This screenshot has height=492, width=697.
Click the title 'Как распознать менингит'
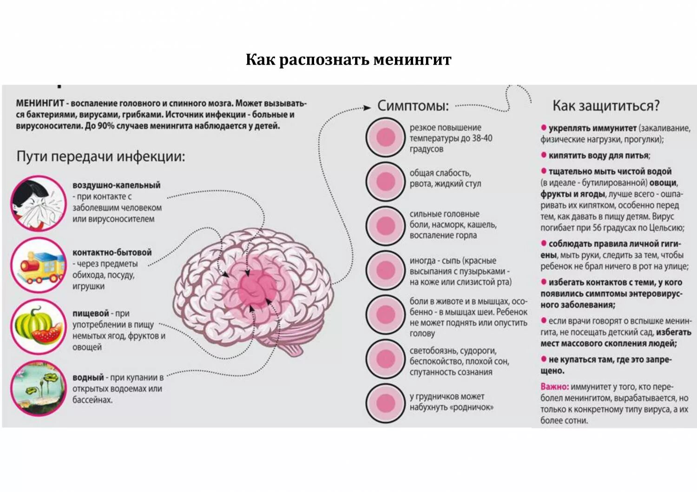[x=348, y=60]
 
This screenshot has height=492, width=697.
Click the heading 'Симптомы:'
[x=413, y=106]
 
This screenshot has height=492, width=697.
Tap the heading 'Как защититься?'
[x=605, y=106]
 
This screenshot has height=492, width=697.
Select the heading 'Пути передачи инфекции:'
[x=101, y=156]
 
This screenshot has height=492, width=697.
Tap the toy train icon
[x=38, y=265]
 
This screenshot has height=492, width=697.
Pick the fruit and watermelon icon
[x=38, y=326]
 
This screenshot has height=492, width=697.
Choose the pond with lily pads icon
[x=38, y=387]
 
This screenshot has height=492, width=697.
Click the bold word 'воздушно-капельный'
[x=116, y=185]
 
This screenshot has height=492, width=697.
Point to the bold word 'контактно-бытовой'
[x=112, y=252]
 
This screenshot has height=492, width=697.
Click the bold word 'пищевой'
[x=91, y=313]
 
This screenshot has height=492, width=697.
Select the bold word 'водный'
[x=88, y=378]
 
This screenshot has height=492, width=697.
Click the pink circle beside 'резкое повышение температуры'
[x=385, y=138]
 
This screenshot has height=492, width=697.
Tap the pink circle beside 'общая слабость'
[x=385, y=181]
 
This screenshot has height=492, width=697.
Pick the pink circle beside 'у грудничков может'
[x=385, y=403]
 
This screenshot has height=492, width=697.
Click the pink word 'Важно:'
[x=554, y=387]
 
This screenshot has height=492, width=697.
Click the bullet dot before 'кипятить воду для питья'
[x=543, y=155]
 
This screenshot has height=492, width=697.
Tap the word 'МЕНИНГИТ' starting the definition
[x=40, y=103]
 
